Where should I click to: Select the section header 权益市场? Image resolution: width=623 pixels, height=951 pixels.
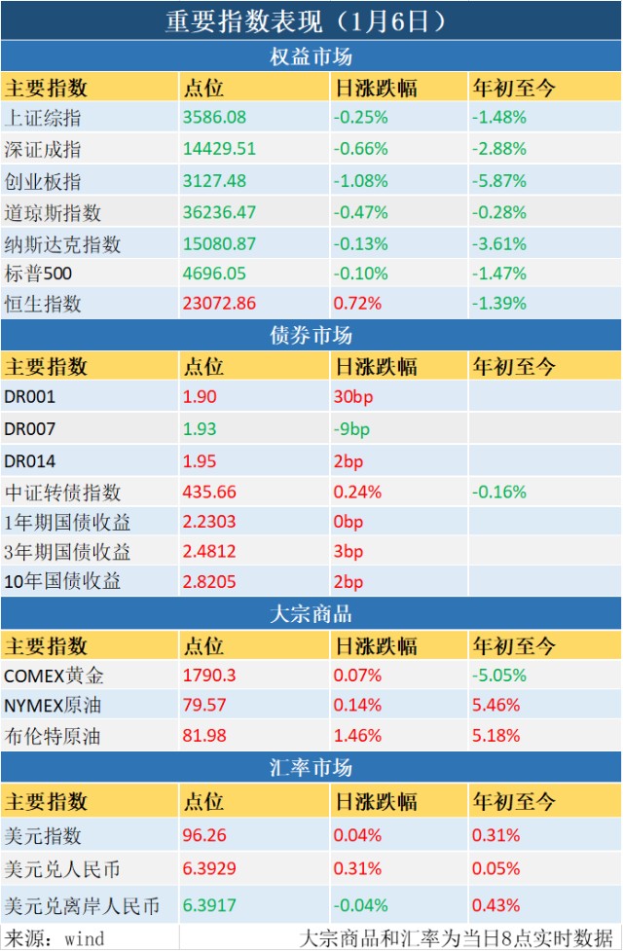[x=311, y=57]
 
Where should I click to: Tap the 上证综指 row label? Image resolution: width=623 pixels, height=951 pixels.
[x=43, y=118]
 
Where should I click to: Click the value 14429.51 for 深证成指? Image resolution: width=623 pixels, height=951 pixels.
[x=219, y=149]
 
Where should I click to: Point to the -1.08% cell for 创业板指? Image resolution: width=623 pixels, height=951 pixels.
[x=360, y=181]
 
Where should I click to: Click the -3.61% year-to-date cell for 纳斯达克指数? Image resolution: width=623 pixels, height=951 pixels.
[x=498, y=243]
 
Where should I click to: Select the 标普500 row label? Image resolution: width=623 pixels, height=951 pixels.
[x=38, y=274]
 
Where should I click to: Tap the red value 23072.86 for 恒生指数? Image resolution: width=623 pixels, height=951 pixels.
[x=219, y=303]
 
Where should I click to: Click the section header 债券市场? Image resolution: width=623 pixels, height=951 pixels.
[x=311, y=335]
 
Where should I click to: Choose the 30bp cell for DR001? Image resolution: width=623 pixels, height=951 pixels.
[x=353, y=396]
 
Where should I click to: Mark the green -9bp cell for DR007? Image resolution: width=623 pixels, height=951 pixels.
[x=351, y=429]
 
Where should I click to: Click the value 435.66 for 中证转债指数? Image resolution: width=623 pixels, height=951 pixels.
[x=209, y=492]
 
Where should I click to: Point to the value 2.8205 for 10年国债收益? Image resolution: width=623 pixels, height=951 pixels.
[x=209, y=582]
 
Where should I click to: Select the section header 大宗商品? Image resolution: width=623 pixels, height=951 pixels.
[x=311, y=614]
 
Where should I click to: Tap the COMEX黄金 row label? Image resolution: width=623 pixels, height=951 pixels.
[x=54, y=676]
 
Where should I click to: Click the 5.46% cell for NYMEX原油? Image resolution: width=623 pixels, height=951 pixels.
[x=495, y=706]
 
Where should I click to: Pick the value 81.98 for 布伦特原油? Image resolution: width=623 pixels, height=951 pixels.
[x=204, y=736]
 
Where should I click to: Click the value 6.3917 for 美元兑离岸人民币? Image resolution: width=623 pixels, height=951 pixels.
[x=209, y=905]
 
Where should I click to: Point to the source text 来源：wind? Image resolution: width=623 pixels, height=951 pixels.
[x=54, y=938]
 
